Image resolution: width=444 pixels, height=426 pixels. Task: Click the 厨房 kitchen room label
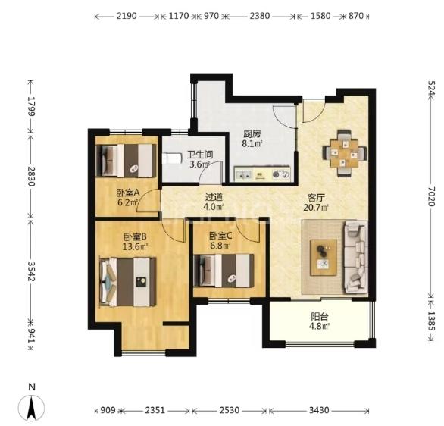(x=252, y=133)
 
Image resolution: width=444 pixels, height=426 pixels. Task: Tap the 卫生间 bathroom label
(x=200, y=155)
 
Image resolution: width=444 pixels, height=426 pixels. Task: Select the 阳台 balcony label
(x=320, y=316)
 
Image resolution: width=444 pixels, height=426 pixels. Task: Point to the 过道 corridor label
(x=214, y=196)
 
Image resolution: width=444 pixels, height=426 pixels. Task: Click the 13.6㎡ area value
(x=135, y=246)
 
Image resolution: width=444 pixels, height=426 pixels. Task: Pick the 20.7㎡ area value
(x=316, y=208)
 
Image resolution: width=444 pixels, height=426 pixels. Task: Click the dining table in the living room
(x=345, y=153)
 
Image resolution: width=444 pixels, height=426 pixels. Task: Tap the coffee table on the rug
(x=324, y=258)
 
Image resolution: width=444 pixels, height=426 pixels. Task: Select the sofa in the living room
(x=355, y=257)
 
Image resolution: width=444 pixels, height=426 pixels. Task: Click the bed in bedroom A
(x=127, y=161)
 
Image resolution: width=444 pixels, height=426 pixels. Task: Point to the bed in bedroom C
(x=224, y=271)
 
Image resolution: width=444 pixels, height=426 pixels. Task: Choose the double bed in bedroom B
(x=128, y=282)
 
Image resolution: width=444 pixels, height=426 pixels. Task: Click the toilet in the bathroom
(x=172, y=158)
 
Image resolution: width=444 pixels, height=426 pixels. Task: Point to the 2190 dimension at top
(x=127, y=16)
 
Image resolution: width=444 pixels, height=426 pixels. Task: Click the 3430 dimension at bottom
(x=319, y=410)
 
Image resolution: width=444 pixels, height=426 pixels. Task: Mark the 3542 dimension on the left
(x=31, y=271)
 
